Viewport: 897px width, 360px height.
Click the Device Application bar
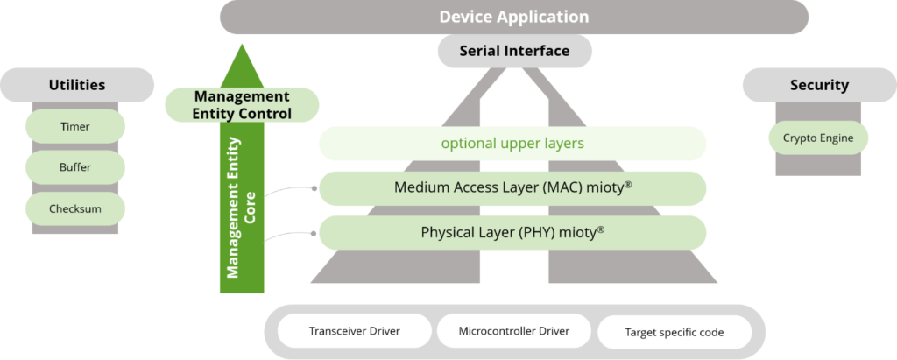513,17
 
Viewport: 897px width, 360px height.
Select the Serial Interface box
514,51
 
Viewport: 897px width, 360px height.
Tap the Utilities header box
76,85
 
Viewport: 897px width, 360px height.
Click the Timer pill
75,126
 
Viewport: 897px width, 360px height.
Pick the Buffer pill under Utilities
75,167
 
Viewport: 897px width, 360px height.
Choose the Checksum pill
75,208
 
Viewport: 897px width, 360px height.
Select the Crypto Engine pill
819,138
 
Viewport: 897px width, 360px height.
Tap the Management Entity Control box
242,104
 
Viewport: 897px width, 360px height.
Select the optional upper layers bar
512,143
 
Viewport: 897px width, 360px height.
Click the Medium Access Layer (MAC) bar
512,187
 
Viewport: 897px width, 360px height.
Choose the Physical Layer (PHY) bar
512,233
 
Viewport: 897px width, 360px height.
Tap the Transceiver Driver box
356,332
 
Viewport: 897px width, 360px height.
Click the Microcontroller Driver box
514,332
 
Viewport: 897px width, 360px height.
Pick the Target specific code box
675,333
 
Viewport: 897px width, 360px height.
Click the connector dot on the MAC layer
313,187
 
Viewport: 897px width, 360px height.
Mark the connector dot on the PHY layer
313,233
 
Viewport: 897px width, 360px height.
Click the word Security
819,85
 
